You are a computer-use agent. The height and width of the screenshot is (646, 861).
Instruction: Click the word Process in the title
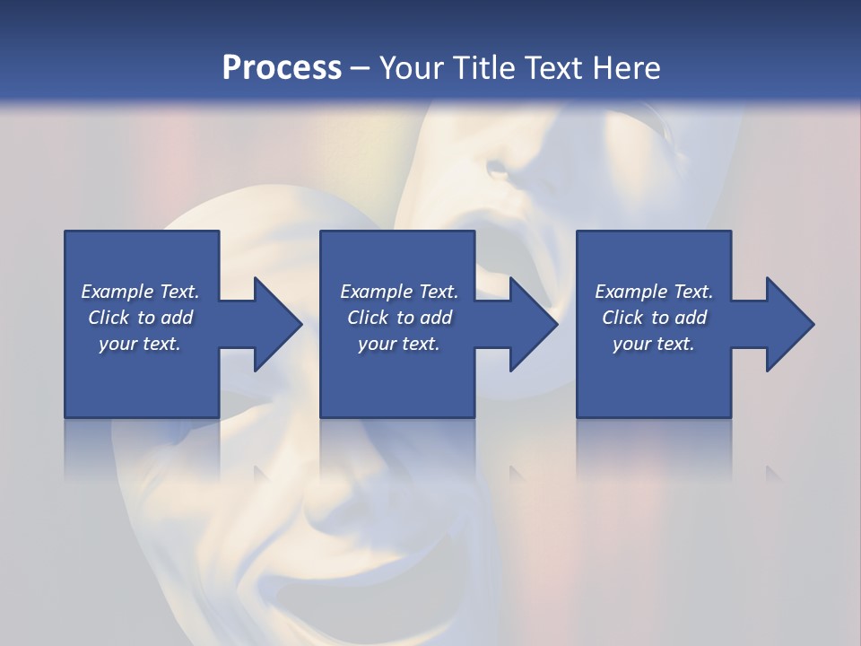tap(282, 67)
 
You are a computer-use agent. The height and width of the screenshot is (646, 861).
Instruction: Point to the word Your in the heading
tap(413, 67)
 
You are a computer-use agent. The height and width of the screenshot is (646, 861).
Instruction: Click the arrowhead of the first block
tap(277, 324)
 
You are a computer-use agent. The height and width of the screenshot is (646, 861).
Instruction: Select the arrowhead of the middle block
tap(533, 324)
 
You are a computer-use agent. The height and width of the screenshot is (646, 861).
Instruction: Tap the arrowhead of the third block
tap(788, 324)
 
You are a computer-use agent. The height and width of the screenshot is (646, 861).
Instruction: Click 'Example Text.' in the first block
tap(140, 292)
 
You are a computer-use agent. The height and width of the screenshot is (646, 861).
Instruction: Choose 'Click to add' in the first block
tap(140, 318)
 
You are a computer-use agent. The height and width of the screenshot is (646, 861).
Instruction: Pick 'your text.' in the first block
tap(140, 344)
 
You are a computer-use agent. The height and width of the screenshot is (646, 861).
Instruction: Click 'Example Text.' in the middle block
tap(399, 292)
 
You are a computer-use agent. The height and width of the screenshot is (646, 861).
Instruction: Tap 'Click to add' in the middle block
tap(399, 318)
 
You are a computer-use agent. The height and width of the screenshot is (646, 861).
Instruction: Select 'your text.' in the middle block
tap(399, 344)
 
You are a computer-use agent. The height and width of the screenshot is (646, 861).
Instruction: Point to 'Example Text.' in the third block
tap(654, 292)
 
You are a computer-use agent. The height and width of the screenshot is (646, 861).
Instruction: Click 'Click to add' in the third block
tap(654, 318)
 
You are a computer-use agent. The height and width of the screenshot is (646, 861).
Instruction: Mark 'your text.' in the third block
tap(654, 344)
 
